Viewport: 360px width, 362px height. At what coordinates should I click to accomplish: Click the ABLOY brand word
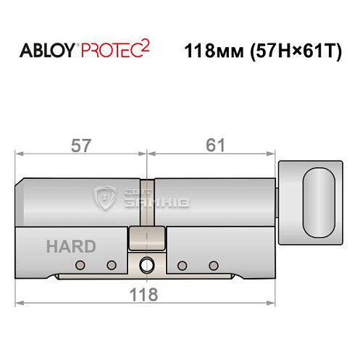49,53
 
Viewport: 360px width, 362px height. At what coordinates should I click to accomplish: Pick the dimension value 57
81,145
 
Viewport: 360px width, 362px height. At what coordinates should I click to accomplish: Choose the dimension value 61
214,145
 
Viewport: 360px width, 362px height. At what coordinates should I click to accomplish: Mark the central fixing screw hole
148,265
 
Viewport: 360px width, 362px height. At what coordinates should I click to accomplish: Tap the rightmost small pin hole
213,265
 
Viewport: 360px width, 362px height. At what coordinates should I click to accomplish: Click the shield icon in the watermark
106,196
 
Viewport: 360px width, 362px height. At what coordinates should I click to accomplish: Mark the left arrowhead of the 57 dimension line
20,153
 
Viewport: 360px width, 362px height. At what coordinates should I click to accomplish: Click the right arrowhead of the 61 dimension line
275,153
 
